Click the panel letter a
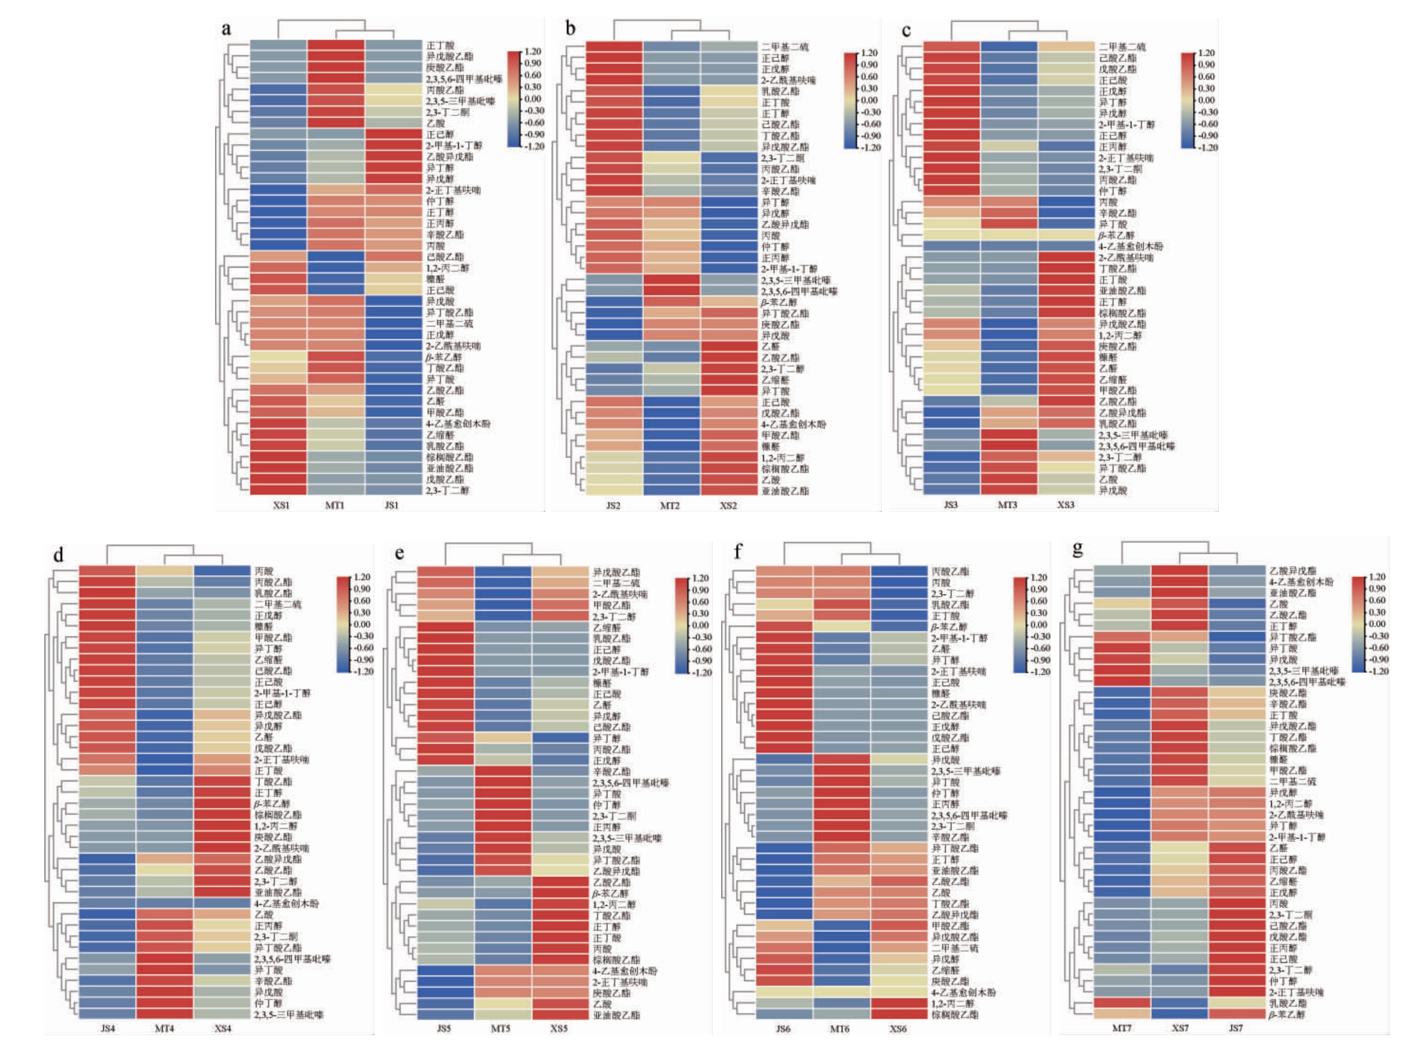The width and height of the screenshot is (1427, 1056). (226, 28)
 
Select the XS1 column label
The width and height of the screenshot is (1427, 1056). (281, 505)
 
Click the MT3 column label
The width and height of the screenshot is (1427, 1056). (1007, 505)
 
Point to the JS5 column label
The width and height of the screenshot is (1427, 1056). (444, 1029)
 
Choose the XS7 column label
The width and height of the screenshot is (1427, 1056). (1180, 1028)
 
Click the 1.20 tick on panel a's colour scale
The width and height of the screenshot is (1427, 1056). (533, 51)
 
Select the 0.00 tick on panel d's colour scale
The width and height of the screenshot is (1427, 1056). (362, 624)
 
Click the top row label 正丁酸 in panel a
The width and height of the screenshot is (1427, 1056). (440, 46)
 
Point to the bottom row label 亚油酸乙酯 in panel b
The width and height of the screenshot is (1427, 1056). (785, 491)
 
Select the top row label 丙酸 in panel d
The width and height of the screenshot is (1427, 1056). (264, 571)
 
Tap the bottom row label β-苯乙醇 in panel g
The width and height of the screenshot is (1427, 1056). (1287, 1014)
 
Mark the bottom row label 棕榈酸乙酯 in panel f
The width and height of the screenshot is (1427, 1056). (954, 1014)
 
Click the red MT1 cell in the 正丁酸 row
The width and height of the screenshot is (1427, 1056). (335, 46)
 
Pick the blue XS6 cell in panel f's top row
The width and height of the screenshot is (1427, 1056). (898, 571)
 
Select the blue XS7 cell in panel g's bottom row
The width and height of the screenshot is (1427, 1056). (1180, 1014)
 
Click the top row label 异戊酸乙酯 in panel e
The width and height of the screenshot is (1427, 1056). (616, 572)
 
